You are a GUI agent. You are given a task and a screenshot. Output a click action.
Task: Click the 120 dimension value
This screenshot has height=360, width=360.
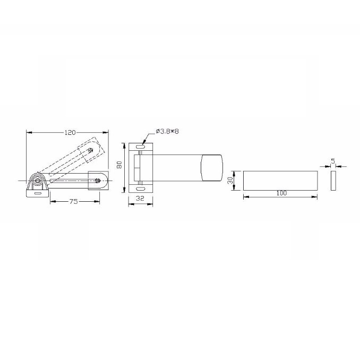click(x=70, y=132)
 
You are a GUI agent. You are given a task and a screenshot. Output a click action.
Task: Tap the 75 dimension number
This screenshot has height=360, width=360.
click(x=74, y=202)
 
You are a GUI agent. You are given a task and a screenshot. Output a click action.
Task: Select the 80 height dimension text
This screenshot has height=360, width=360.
click(x=119, y=165)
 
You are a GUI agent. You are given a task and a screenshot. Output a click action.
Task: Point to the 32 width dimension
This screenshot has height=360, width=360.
click(x=140, y=198)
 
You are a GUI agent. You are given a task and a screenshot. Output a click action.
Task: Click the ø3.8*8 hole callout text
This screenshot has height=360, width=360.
click(x=167, y=132)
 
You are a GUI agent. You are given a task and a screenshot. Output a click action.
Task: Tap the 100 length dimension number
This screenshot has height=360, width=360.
click(x=281, y=193)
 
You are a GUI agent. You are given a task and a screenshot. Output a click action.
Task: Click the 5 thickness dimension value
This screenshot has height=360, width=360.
click(x=333, y=161)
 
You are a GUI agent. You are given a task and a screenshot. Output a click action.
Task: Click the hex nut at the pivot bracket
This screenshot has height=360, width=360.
click(x=37, y=181)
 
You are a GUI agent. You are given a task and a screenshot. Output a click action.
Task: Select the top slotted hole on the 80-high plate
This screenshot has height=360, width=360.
click(x=140, y=147)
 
